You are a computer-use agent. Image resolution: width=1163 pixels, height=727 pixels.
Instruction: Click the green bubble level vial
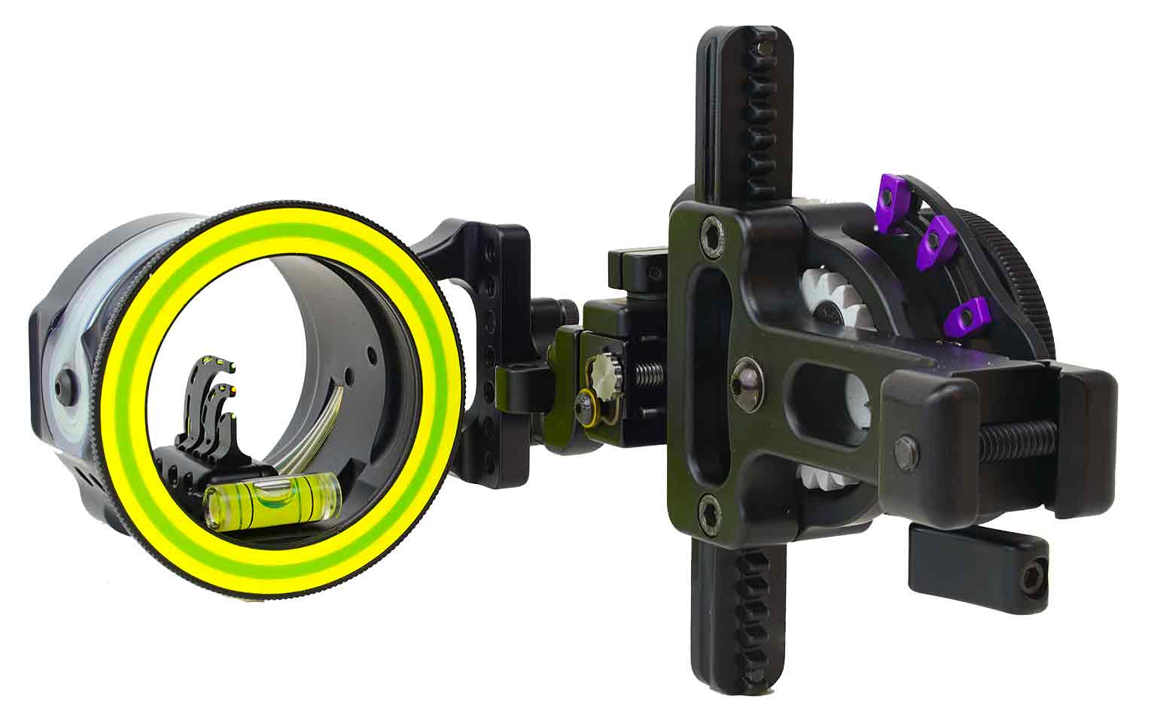point(272,497)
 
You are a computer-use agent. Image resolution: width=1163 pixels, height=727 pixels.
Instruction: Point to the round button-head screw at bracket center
point(747,371)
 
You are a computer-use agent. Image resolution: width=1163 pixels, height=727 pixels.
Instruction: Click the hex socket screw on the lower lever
point(1033,579)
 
